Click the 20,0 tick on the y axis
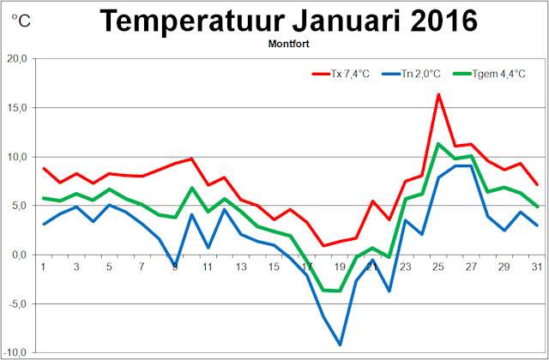coord(18,58)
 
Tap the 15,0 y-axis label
coord(18,107)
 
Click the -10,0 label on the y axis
coord(16,352)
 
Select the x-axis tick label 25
coord(438,266)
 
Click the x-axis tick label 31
coord(536,266)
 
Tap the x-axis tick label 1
coord(44,266)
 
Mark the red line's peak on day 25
coord(438,94)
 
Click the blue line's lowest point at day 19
coord(340,345)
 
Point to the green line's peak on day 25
coord(438,144)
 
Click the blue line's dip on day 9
coord(176,267)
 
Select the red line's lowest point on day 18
coord(323,246)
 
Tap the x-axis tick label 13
coord(241,266)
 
